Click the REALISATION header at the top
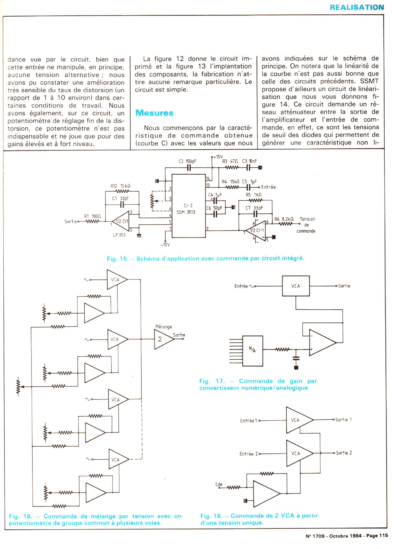click(357, 7)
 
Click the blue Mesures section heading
click(154, 113)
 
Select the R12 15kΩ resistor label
click(120, 186)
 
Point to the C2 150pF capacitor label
click(187, 161)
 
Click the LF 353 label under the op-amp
click(119, 235)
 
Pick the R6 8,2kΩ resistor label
click(285, 219)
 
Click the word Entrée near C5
click(268, 187)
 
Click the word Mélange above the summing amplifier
click(164, 327)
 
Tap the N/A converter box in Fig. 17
click(253, 351)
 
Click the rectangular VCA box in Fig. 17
click(295, 286)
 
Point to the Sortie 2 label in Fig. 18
click(344, 453)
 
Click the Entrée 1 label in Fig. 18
click(248, 421)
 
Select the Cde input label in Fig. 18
click(219, 485)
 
